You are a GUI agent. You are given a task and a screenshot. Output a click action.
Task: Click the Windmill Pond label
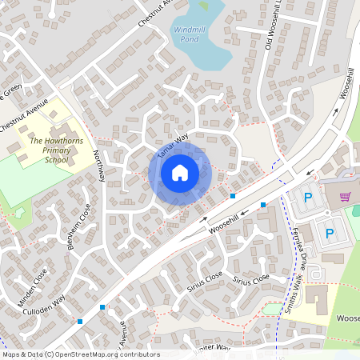tap(190, 33)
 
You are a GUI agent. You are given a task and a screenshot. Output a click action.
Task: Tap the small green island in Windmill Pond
tap(203, 6)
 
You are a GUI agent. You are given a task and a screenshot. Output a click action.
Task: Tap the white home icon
tap(179, 173)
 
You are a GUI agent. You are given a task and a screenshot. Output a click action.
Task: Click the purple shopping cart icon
tap(346, 197)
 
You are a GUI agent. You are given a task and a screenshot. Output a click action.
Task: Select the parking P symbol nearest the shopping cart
tap(308, 198)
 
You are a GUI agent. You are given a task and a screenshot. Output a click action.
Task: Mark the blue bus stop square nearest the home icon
tap(233, 195)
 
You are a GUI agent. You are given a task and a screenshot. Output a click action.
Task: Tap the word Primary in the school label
tap(58, 150)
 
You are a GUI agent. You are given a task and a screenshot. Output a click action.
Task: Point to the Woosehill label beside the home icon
tap(225, 222)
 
